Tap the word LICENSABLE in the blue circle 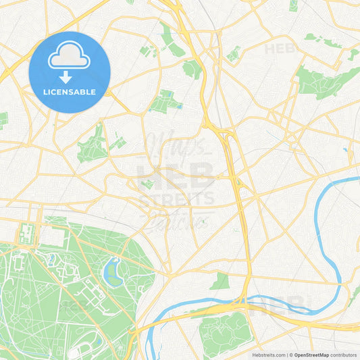[x=70, y=92]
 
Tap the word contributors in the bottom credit [x=343, y=355]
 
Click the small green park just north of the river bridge [x=220, y=282]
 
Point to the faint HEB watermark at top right [x=280, y=49]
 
